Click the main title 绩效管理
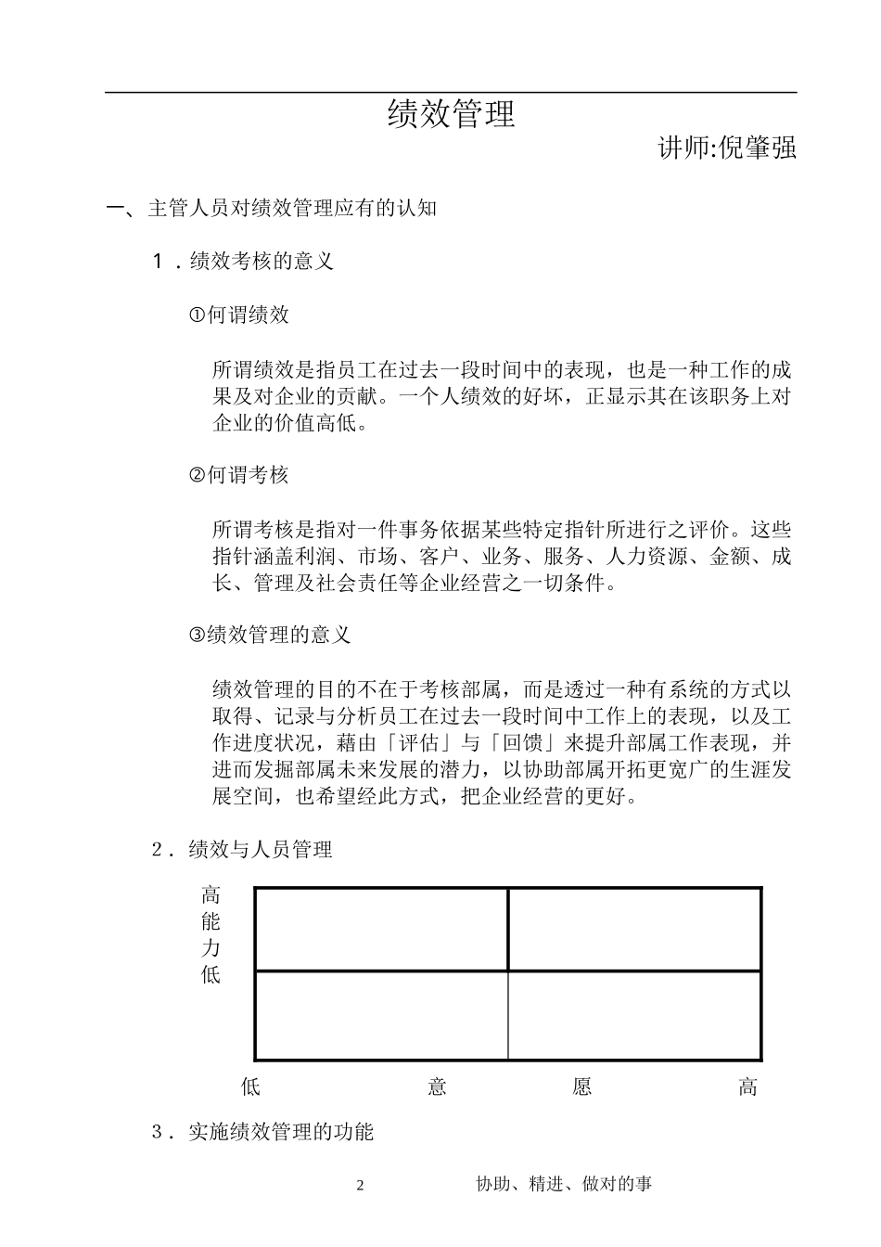pyautogui.click(x=451, y=115)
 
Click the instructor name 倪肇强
pyautogui.click(x=758, y=148)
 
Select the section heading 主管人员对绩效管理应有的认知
pyautogui.click(x=292, y=208)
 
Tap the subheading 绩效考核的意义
pyautogui.click(x=261, y=262)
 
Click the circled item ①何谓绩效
pyautogui.click(x=239, y=315)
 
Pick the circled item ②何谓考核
pyautogui.click(x=239, y=476)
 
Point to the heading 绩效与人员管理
pyautogui.click(x=260, y=850)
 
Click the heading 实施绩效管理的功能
pyautogui.click(x=280, y=1132)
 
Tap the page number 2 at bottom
pyautogui.click(x=362, y=1185)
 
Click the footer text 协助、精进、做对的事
pyautogui.click(x=564, y=1184)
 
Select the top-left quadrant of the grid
pyautogui.click(x=381, y=930)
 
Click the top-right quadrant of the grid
pyautogui.click(x=635, y=930)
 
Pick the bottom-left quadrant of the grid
pyautogui.click(x=381, y=1014)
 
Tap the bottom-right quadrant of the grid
pyautogui.click(x=635, y=1014)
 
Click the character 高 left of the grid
pyautogui.click(x=211, y=895)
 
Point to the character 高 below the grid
pyautogui.click(x=747, y=1087)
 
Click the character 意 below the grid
pyautogui.click(x=438, y=1087)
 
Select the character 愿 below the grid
pyautogui.click(x=582, y=1087)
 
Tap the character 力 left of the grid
pyautogui.click(x=211, y=948)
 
